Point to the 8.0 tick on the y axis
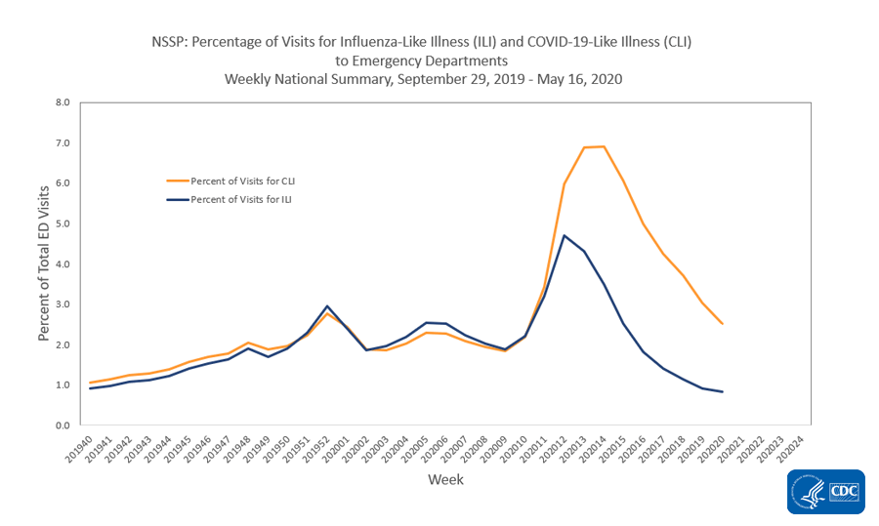(x=63, y=102)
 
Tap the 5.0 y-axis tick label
(x=63, y=223)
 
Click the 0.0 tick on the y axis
(x=63, y=425)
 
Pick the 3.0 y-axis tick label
(x=63, y=304)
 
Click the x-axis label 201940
(x=80, y=451)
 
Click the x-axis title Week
(x=445, y=479)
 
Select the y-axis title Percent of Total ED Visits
(x=44, y=263)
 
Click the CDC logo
(x=825, y=492)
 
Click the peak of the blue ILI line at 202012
(x=564, y=235)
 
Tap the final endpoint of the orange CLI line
(x=722, y=323)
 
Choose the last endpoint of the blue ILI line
(x=722, y=391)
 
